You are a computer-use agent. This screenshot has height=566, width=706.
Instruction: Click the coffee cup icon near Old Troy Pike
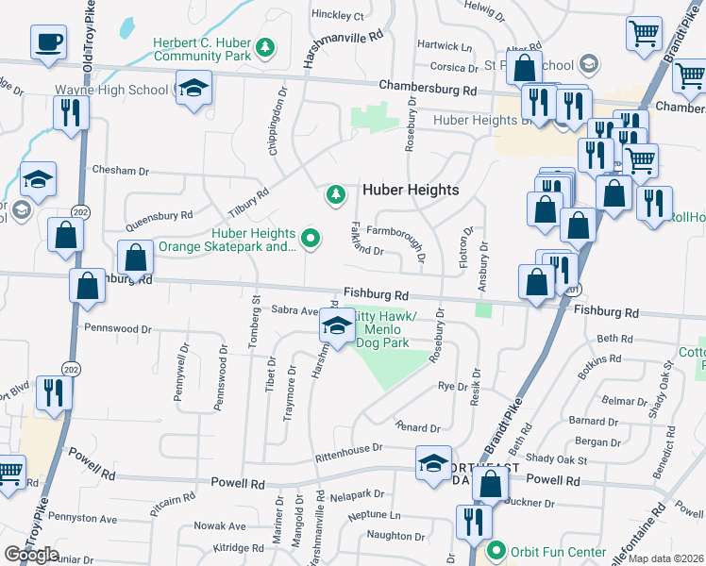[x=47, y=41]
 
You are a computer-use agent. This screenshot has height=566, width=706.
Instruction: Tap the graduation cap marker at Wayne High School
[x=194, y=88]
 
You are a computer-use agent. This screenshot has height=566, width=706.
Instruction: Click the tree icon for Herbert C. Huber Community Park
[x=266, y=46]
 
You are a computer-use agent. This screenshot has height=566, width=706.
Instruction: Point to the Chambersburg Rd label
[x=428, y=88]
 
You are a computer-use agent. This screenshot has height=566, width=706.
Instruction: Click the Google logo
[x=31, y=555]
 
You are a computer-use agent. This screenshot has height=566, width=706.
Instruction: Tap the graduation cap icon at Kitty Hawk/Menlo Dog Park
[x=336, y=326]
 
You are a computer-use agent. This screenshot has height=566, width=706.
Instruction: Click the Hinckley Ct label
[x=337, y=15]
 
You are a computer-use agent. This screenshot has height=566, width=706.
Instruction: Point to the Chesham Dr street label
[x=121, y=170]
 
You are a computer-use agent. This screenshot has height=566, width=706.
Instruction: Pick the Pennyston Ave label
[x=82, y=518]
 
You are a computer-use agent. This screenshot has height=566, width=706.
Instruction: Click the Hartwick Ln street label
[x=445, y=45]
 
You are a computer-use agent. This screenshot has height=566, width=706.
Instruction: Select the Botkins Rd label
[x=600, y=359]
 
